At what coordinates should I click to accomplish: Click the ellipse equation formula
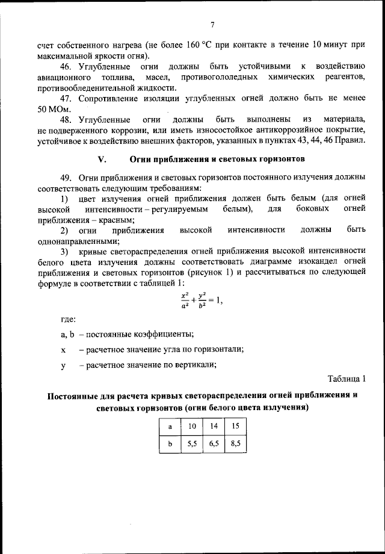tap(202, 300)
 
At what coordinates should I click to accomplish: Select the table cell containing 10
tap(192, 426)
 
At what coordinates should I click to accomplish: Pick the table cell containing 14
tap(214, 426)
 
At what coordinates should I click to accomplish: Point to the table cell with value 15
tap(235, 426)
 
